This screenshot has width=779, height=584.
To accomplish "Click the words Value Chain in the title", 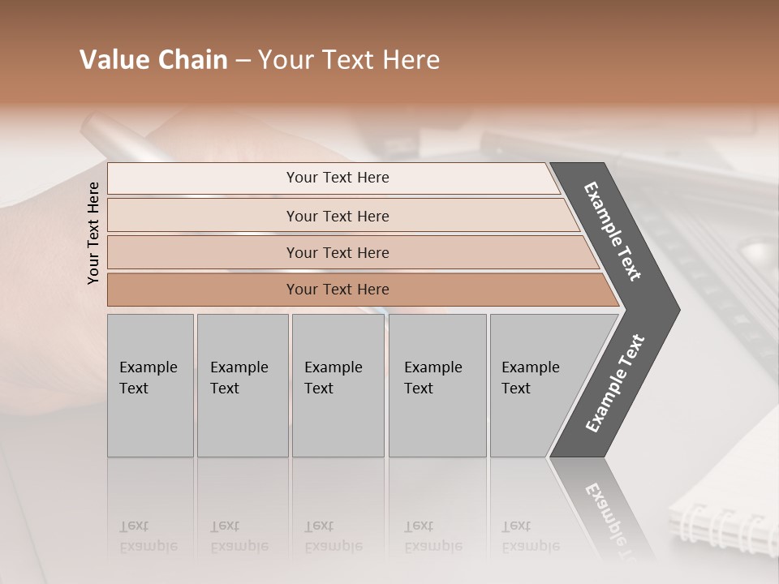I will [153, 60].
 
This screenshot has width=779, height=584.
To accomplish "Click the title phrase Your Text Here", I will [349, 60].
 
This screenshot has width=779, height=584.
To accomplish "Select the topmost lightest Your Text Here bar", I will [337, 178].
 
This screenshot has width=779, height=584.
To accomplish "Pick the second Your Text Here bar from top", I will [337, 216].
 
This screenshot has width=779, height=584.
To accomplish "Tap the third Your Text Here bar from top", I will [337, 252].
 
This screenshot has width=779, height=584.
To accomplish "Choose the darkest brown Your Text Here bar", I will [337, 290].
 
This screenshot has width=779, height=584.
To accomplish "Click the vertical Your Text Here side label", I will [93, 233].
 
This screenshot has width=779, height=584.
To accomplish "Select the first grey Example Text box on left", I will [150, 385].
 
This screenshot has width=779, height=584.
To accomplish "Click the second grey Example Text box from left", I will [242, 385].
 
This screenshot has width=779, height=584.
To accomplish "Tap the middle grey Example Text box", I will [338, 385].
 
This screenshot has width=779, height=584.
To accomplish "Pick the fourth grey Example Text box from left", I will [437, 385].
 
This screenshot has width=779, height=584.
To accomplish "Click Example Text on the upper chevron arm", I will [613, 232].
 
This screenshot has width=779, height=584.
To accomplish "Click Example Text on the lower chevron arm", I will [614, 383].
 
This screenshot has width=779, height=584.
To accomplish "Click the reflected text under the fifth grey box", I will [530, 536].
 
